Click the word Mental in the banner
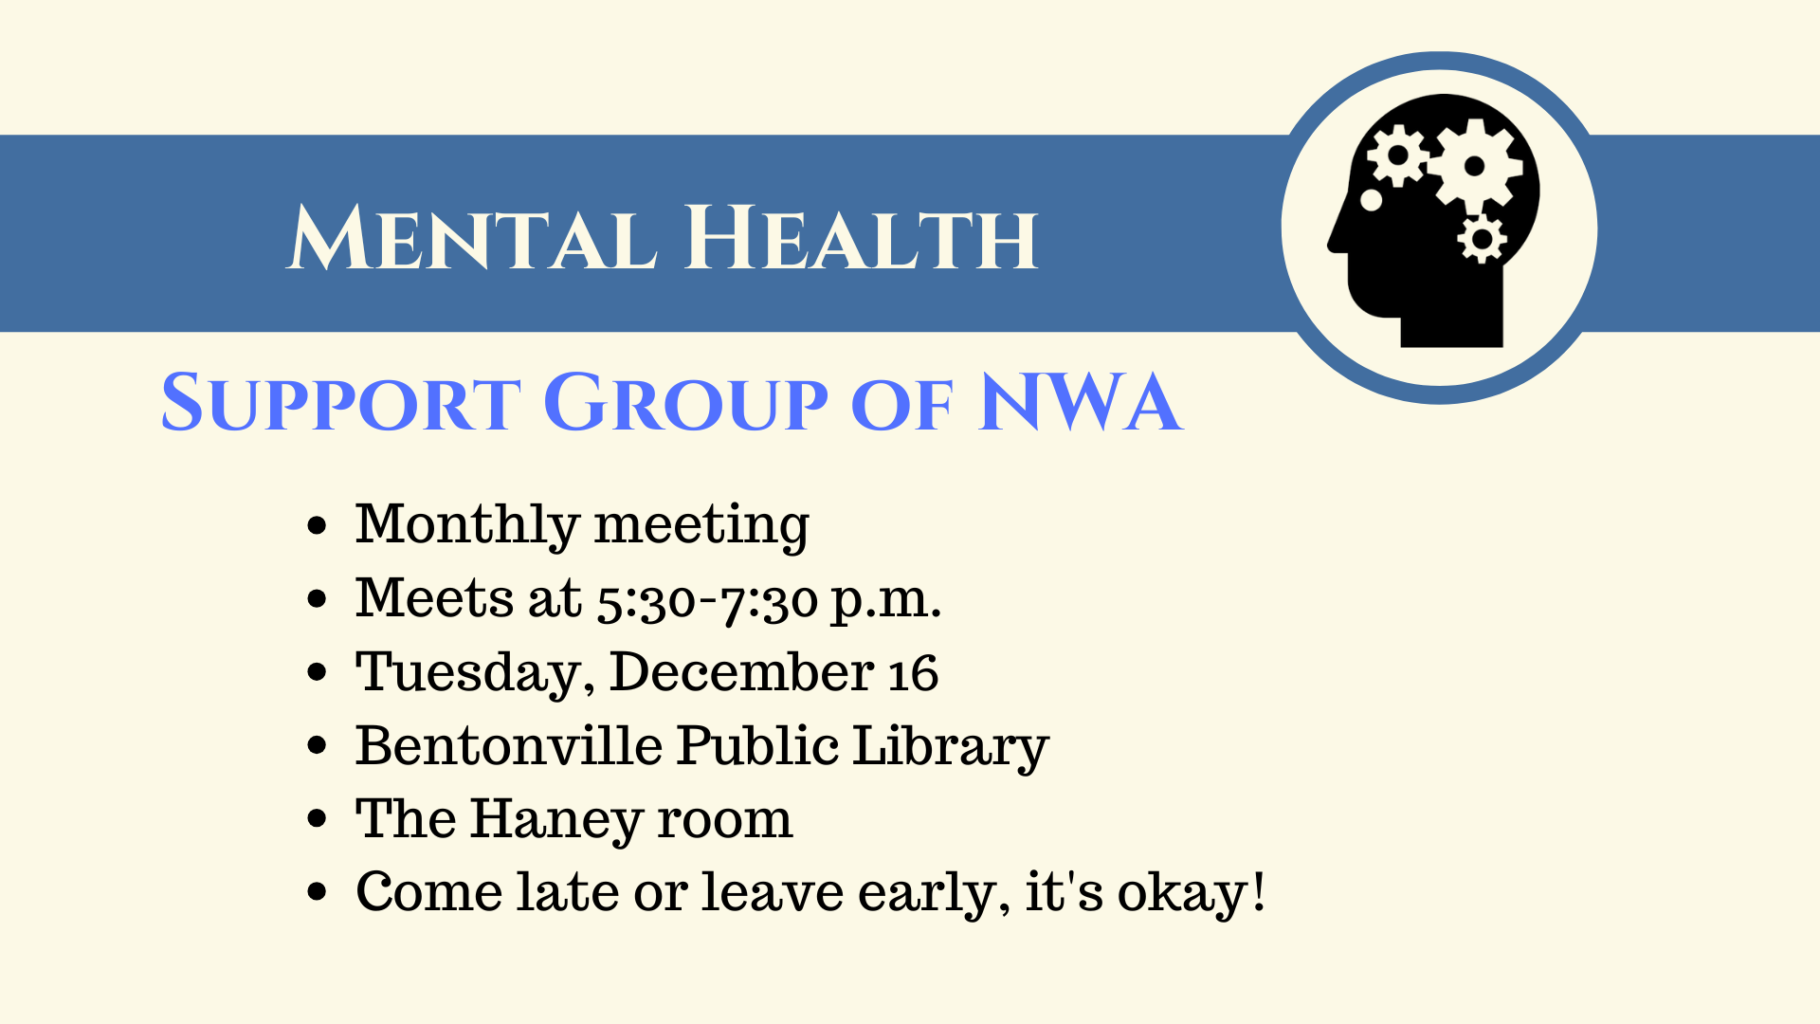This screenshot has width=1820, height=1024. (x=472, y=237)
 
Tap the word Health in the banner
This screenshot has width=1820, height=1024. (x=862, y=237)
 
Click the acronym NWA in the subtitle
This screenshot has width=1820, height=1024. (x=1081, y=402)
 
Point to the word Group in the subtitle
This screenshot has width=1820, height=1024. (x=686, y=402)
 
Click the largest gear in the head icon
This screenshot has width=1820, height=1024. (x=1475, y=167)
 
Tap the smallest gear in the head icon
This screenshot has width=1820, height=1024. (x=1482, y=238)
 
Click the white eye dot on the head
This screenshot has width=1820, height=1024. (x=1371, y=200)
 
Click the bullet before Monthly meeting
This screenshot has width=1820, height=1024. (x=318, y=525)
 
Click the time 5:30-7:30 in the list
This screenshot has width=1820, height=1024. (x=707, y=601)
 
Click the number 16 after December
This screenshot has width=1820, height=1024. (x=913, y=673)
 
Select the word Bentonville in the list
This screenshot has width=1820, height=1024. (x=508, y=745)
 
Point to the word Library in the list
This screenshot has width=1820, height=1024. (x=951, y=747)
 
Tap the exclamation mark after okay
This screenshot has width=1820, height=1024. (x=1258, y=891)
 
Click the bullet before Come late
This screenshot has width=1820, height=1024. (x=318, y=892)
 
